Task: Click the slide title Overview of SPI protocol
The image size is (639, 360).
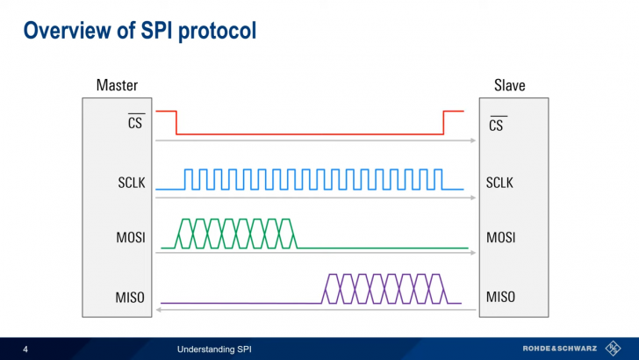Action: [140, 32]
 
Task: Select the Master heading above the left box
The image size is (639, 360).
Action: [116, 85]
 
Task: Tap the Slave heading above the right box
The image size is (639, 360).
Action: [510, 85]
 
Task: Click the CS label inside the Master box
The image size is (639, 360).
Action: [136, 125]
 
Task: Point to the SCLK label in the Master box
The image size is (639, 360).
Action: [131, 183]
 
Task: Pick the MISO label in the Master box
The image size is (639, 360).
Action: [131, 297]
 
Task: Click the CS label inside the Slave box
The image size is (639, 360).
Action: [497, 125]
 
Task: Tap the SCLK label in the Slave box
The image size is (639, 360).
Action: [500, 183]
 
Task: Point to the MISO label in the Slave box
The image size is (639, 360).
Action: [500, 297]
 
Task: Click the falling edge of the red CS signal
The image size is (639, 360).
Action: [176, 123]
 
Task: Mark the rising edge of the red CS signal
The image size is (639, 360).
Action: [443, 123]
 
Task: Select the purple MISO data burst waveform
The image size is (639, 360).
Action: [386, 289]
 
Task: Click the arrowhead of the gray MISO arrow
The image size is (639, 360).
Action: [159, 309]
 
